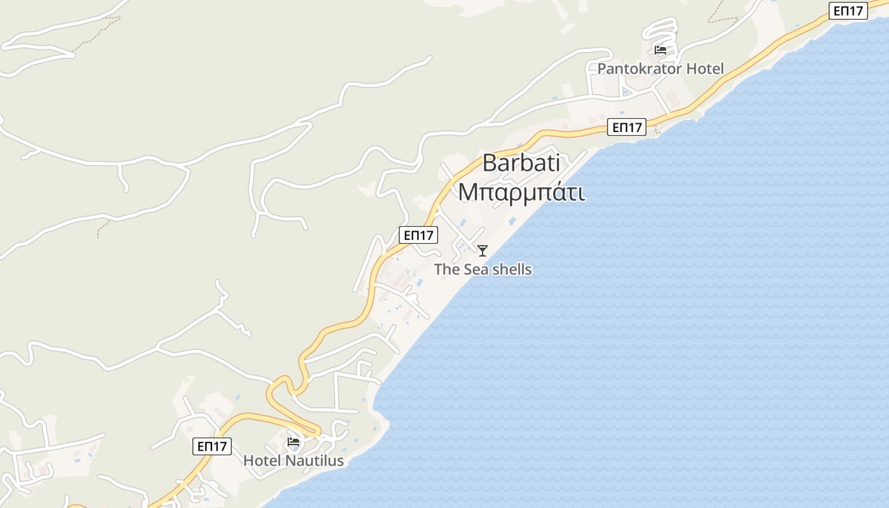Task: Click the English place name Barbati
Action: coord(521,163)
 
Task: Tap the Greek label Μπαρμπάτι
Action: coord(521,192)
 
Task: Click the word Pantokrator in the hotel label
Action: coord(639,69)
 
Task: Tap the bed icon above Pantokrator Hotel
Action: coord(660,50)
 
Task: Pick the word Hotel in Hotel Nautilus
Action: coord(263,461)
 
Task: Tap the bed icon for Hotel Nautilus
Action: coord(293,442)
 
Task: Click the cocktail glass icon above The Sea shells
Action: coord(483,251)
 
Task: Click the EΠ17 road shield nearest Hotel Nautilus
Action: coord(212,446)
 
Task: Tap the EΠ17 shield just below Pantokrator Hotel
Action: coord(627,127)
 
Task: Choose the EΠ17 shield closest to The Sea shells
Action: coord(418,235)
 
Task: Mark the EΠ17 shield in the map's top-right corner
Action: coord(848,11)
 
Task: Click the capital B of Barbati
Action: coord(490,163)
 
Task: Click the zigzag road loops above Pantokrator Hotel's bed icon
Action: coord(660,29)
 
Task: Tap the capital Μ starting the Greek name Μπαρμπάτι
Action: coord(467,192)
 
